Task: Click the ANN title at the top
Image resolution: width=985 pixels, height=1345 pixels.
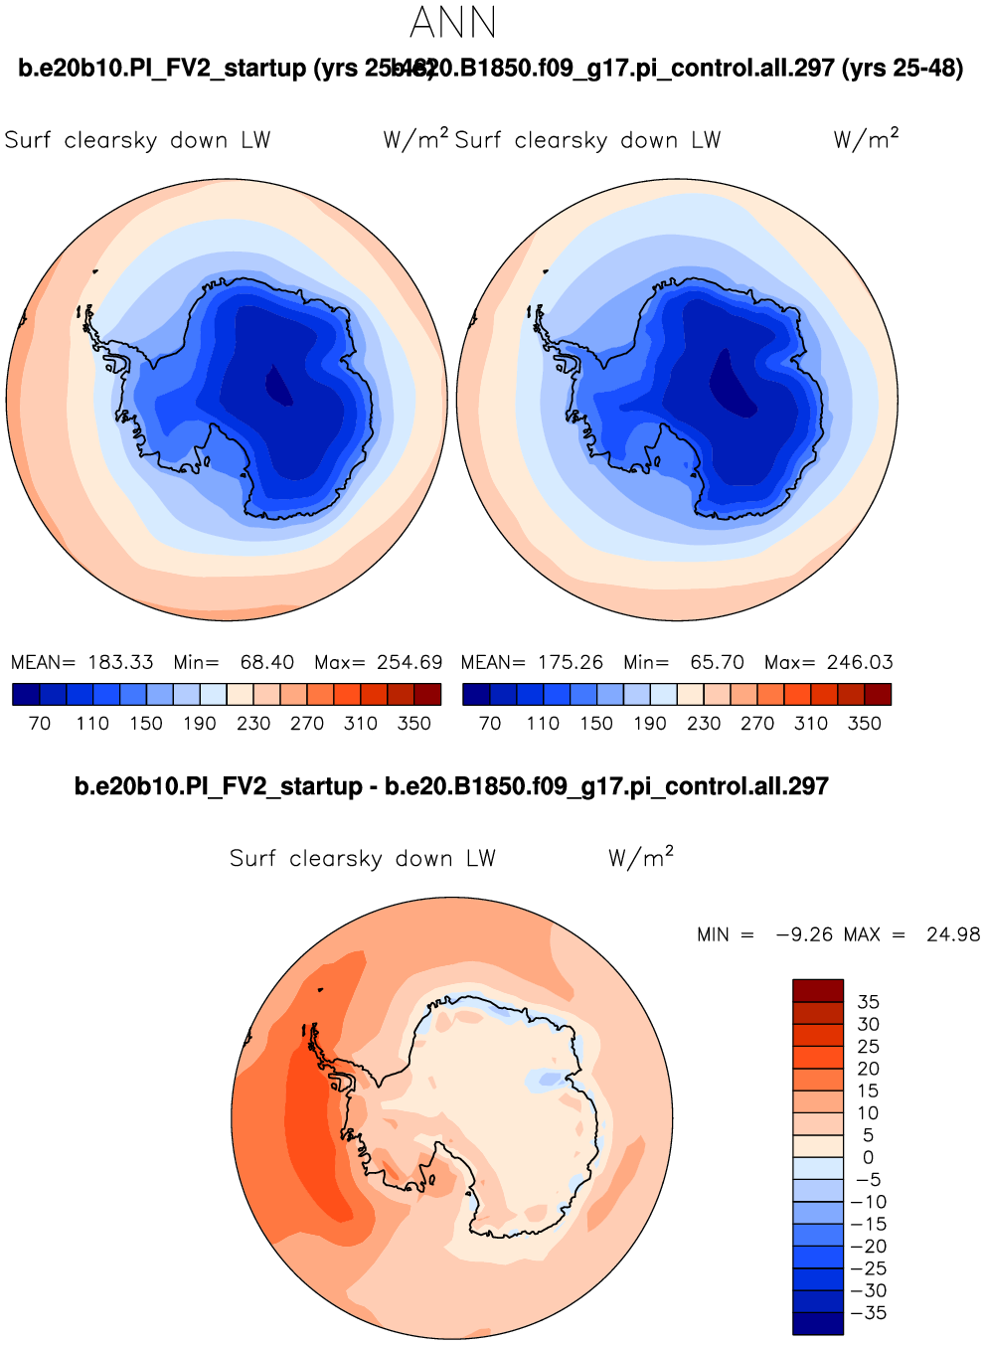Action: pos(452,22)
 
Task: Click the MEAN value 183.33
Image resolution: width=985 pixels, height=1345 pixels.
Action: pos(120,662)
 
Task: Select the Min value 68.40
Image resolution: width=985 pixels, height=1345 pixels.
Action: pos(266,662)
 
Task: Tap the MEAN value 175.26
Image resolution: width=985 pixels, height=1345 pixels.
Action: pos(571,662)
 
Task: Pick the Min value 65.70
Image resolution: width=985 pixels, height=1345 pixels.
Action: pos(717,662)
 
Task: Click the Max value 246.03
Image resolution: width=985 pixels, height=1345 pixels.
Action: pos(860,662)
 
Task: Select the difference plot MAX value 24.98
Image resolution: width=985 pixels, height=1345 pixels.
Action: pos(952,934)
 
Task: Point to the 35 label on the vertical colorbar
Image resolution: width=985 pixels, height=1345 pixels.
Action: pos(868,1002)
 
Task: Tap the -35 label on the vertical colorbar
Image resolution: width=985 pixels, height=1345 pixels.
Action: pos(867,1313)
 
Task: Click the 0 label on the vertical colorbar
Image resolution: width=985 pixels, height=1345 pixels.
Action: pos(868,1157)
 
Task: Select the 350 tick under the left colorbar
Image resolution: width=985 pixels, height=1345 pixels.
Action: pos(413,724)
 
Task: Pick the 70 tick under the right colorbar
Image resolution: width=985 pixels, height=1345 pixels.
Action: pos(490,724)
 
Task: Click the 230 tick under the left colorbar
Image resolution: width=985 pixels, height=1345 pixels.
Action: pos(253,724)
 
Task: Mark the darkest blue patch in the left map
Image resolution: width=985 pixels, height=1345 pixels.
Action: pos(279,386)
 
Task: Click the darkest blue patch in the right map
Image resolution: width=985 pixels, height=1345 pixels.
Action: pos(730,383)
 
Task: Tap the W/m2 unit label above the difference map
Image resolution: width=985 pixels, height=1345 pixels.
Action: pos(641,858)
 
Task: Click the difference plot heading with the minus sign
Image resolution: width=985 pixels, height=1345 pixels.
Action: pos(451,786)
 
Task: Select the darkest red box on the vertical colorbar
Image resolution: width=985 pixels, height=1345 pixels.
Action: pos(817,990)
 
